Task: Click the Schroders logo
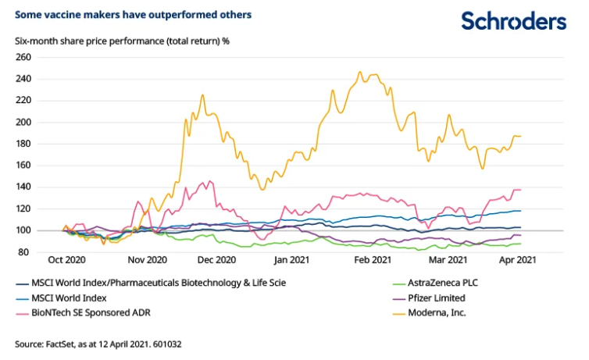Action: point(512,21)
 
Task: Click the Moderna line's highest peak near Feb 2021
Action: point(359,72)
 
